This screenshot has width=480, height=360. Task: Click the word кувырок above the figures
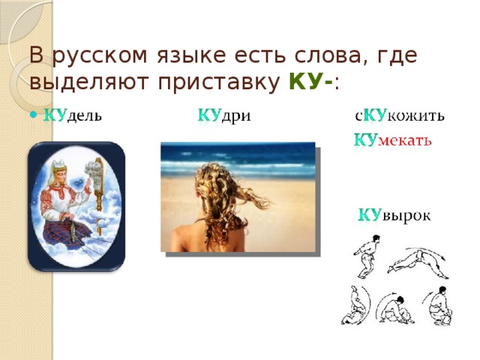point(393,216)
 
